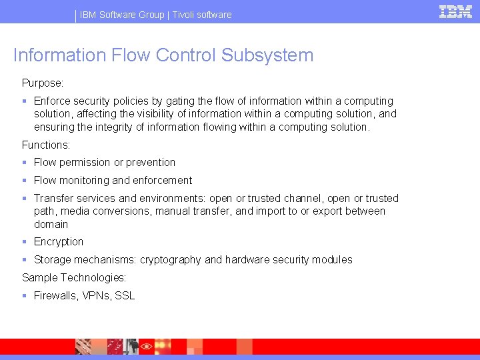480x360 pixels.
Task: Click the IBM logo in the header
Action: tap(455, 11)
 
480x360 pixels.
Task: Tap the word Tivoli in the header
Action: tap(186, 15)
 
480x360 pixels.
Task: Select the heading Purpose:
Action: tap(43, 83)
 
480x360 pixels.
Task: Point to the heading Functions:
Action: tap(46, 145)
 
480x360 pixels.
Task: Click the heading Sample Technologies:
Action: tap(74, 277)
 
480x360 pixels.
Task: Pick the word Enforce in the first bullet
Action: tap(52, 101)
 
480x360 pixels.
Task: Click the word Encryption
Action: tap(59, 242)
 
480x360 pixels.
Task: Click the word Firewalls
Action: tap(55, 295)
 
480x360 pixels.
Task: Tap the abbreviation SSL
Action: tap(125, 295)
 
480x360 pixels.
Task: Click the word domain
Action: tap(51, 224)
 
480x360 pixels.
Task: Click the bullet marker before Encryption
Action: tap(25, 242)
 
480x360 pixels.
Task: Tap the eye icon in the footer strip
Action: tap(146, 347)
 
